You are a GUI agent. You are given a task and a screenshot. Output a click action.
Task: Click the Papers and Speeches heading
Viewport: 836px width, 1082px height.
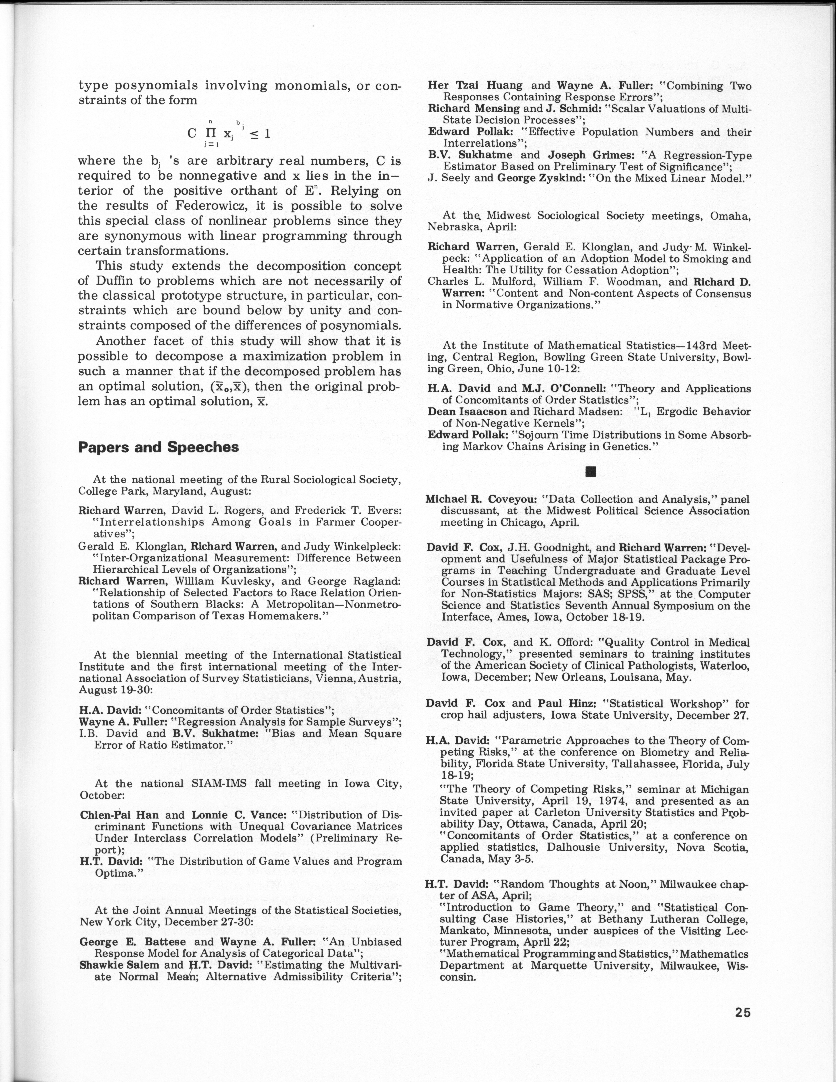click(x=159, y=447)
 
